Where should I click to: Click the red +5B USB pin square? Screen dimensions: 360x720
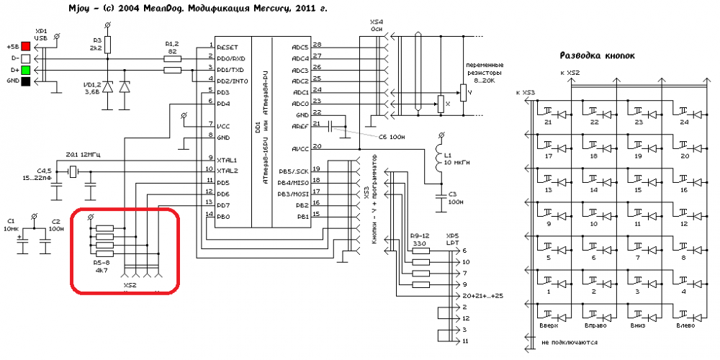[x=26, y=47]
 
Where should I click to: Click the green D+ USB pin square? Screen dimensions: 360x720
[x=26, y=70]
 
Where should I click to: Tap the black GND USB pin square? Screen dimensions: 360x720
[x=26, y=81]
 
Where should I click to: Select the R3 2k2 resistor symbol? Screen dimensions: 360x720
[x=108, y=45]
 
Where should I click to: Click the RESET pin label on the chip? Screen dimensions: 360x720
[x=228, y=47]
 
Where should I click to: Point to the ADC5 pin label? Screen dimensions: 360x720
[x=300, y=47]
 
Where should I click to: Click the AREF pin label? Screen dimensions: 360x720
[x=300, y=125]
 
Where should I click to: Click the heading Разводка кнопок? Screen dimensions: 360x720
[x=597, y=55]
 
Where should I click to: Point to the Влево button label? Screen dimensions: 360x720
[x=685, y=326]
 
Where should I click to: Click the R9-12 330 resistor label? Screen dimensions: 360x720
[x=419, y=240]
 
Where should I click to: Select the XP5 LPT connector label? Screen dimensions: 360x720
[x=452, y=240]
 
